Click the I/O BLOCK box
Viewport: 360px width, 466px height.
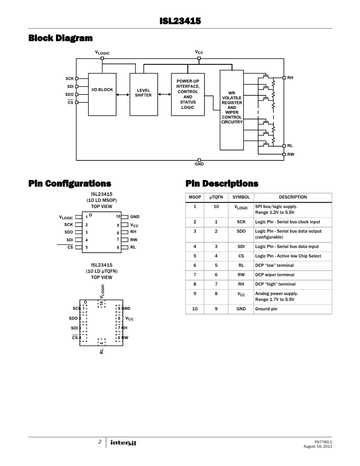click(x=102, y=94)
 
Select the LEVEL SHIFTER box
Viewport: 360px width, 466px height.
click(x=143, y=94)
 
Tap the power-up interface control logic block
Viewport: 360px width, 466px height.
click(x=188, y=94)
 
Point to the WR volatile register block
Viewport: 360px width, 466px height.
click(x=232, y=110)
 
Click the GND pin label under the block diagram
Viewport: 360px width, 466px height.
click(x=199, y=164)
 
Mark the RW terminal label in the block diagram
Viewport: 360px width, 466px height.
click(x=290, y=154)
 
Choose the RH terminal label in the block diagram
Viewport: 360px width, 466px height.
click(x=290, y=78)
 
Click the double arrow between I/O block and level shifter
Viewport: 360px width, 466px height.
click(x=123, y=94)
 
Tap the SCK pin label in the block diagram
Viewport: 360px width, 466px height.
click(x=70, y=79)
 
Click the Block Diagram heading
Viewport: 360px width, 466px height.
click(x=61, y=38)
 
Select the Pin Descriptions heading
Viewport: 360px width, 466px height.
click(x=222, y=183)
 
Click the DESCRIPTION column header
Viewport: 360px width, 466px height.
click(x=293, y=197)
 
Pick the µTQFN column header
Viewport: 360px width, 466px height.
click(x=216, y=197)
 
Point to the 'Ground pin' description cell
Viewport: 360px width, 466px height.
click(x=266, y=309)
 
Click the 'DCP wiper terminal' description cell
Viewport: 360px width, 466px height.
click(x=275, y=275)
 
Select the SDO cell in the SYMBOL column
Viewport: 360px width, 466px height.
click(x=241, y=231)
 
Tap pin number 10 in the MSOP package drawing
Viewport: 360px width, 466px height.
click(x=118, y=217)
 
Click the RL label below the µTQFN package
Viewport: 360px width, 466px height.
click(x=102, y=351)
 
